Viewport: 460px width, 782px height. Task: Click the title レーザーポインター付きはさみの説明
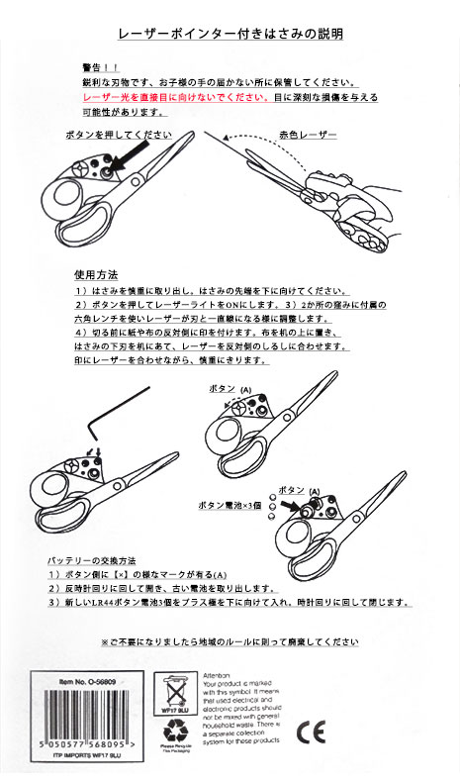(x=230, y=34)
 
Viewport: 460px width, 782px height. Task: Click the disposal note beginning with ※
(x=229, y=642)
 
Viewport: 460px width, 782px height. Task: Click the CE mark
(x=309, y=733)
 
